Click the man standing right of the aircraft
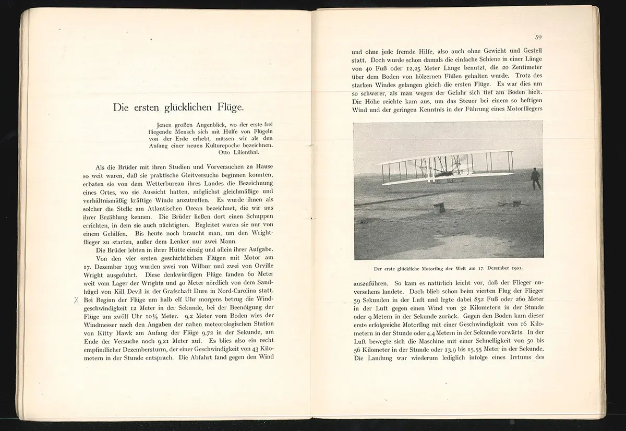click(x=536, y=178)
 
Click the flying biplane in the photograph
click(x=446, y=167)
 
